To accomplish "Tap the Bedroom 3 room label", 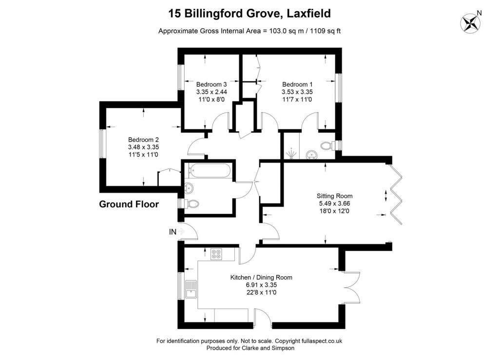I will [x=211, y=84].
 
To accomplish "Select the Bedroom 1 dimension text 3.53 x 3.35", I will [x=297, y=92].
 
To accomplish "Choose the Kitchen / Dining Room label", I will [x=261, y=277].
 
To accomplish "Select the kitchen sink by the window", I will [x=192, y=291].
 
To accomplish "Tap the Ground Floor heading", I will [x=129, y=204].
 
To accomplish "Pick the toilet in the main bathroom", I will [x=192, y=204].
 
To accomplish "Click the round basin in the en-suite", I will [x=310, y=154].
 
